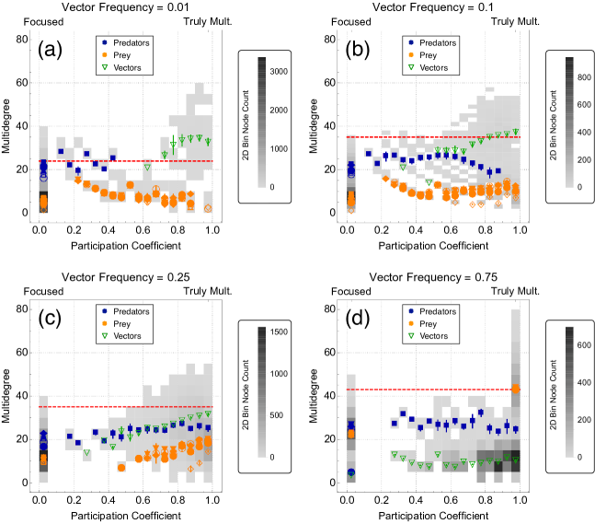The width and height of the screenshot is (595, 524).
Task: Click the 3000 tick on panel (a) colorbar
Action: point(279,69)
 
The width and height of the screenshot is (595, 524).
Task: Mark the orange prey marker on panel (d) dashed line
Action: point(516,389)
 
